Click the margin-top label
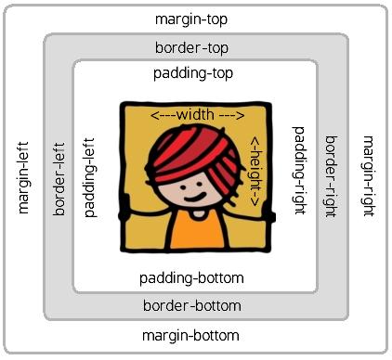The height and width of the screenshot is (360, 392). (x=192, y=19)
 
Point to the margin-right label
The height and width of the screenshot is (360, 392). (x=369, y=175)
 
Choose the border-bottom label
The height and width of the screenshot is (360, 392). (x=192, y=305)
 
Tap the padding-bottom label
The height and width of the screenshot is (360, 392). (x=191, y=277)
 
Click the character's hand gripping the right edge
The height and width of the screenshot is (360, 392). (x=268, y=214)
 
